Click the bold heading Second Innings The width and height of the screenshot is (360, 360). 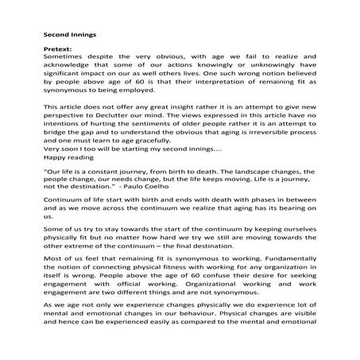[x=69, y=34]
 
